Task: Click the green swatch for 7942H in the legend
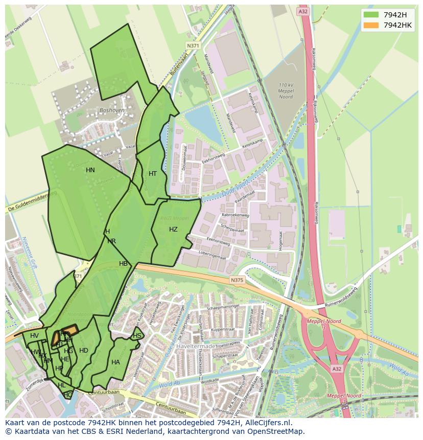pyautogui.click(x=371, y=14)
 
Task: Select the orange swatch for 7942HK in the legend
pyautogui.click(x=371, y=25)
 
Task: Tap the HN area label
pyautogui.click(x=90, y=170)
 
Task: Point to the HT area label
pyautogui.click(x=153, y=174)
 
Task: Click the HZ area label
pyautogui.click(x=173, y=229)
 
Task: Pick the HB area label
pyautogui.click(x=123, y=264)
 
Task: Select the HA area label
pyautogui.click(x=115, y=362)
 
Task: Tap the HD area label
pyautogui.click(x=84, y=351)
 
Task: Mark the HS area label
pyautogui.click(x=137, y=336)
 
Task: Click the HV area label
pyautogui.click(x=34, y=336)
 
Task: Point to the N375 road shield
pyautogui.click(x=237, y=280)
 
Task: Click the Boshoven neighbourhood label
pyautogui.click(x=112, y=110)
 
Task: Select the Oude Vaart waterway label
pyautogui.click(x=236, y=188)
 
